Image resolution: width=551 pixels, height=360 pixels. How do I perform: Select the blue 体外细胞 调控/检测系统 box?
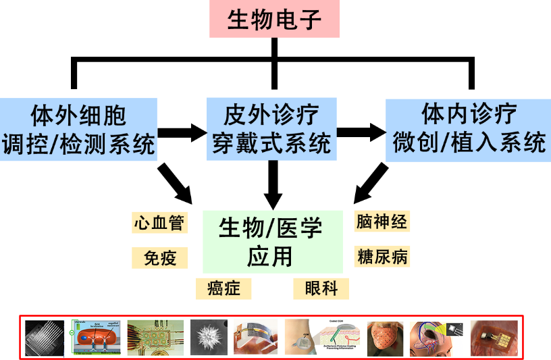click(x=79, y=129)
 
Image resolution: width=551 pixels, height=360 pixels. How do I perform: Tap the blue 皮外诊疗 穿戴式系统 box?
click(x=271, y=129)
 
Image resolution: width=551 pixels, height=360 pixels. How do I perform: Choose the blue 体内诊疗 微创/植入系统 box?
click(x=468, y=129)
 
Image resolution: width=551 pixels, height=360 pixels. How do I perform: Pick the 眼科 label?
click(x=321, y=288)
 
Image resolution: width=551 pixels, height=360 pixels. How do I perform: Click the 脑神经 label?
click(x=382, y=221)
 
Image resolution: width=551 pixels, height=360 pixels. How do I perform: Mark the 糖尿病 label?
click(x=382, y=256)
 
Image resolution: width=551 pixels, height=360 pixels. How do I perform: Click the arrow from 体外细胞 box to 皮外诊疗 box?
click(x=182, y=132)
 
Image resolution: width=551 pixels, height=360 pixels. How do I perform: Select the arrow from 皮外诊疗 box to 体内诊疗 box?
click(x=361, y=132)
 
